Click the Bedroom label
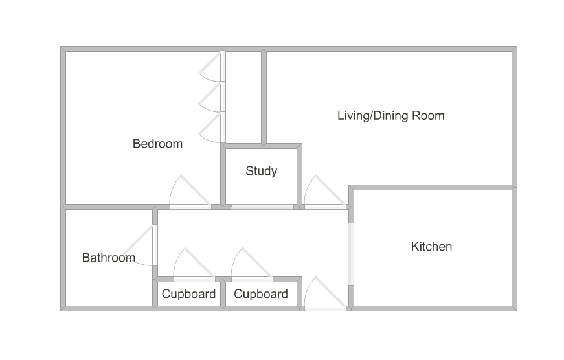157,144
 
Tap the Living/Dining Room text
390,116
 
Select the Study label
261,171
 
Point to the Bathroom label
109,258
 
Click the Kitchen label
431,247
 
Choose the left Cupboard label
188,294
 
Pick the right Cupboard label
261,294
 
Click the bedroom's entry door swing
188,193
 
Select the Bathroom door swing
141,246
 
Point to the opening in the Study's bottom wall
262,207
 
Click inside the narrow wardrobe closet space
243,97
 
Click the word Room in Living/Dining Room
429,116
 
